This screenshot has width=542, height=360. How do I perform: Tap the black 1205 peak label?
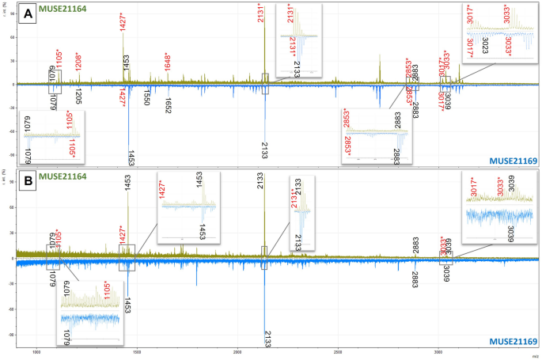click(x=78, y=97)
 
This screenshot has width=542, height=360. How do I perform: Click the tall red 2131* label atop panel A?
click(x=261, y=14)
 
